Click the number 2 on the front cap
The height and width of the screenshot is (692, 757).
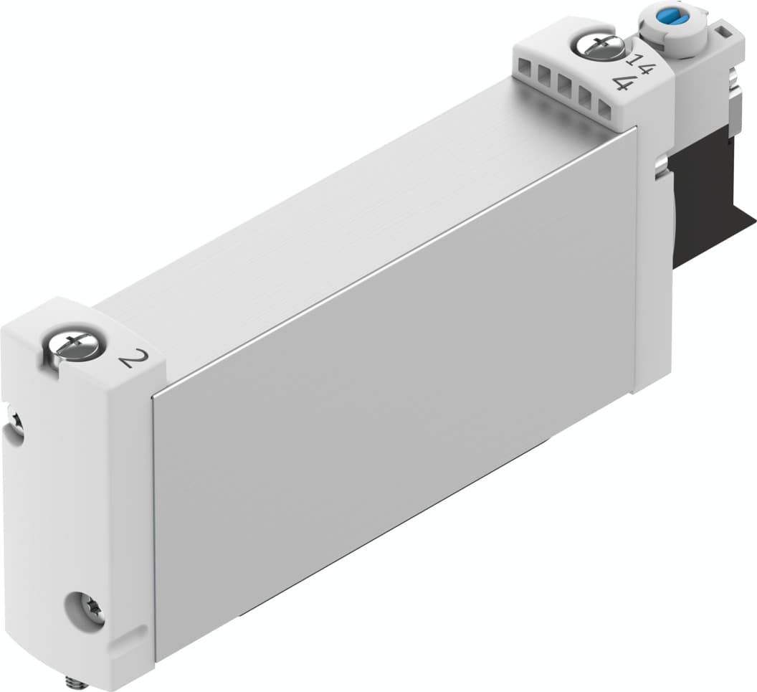pyautogui.click(x=128, y=357)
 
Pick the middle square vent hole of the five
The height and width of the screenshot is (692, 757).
pyautogui.click(x=564, y=85)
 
